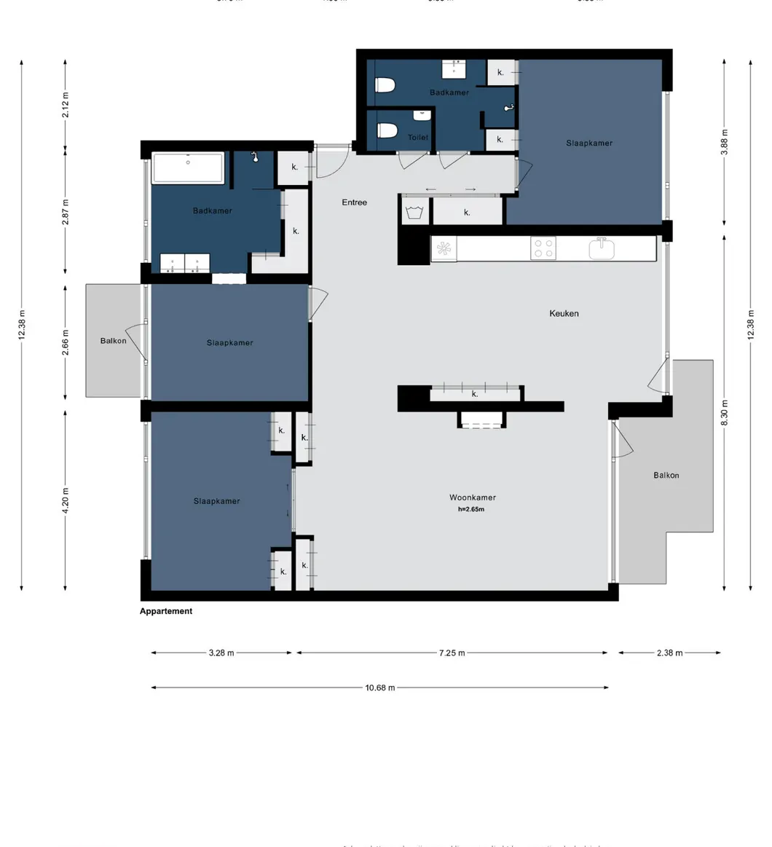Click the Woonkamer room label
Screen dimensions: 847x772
pos(472,497)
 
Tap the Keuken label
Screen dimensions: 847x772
pos(564,313)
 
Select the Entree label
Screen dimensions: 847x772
pos(355,202)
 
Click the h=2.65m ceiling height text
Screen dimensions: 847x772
pos(471,510)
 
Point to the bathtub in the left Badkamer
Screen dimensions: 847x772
pos(188,168)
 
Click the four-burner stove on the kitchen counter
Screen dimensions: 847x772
pos(543,248)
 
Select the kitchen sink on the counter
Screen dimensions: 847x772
pos(602,248)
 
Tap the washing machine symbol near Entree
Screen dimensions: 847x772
pos(416,213)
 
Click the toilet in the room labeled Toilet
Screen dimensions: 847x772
pos(387,130)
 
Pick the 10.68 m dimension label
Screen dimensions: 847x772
pos(379,688)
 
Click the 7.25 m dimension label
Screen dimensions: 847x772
pos(452,653)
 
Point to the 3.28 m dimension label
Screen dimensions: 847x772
pos(221,653)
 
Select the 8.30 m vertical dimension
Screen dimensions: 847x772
pos(724,413)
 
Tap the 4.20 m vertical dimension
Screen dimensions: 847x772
pos(66,500)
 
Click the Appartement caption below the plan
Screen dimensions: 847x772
pos(166,612)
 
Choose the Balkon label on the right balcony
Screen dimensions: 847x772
pos(666,476)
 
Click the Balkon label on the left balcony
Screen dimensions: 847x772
pos(113,341)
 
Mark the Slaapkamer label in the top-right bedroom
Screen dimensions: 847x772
pos(589,143)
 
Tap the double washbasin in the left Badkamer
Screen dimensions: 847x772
pos(185,263)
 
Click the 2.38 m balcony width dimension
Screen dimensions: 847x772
pos(669,653)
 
